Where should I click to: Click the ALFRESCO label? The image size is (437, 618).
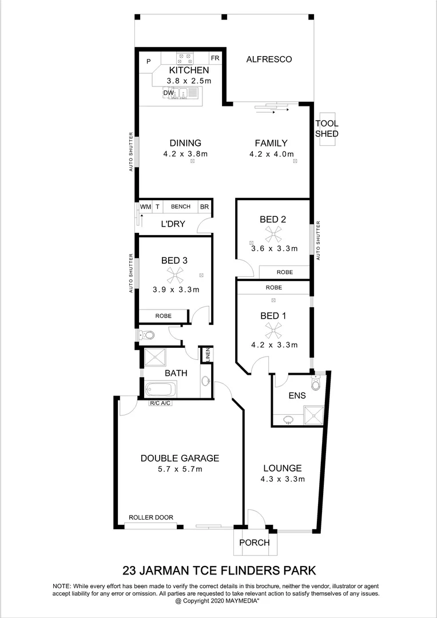pos(269,60)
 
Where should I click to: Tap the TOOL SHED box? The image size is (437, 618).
pos(327,129)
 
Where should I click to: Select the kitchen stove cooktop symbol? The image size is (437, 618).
pos(184,58)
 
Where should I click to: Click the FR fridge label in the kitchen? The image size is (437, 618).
pos(215,58)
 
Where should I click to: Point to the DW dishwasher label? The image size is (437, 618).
pos(168,93)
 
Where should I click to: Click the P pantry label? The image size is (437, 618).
pos(148,62)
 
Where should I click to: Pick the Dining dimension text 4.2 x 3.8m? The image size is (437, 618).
pos(185,154)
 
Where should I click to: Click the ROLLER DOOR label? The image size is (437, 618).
pos(151,517)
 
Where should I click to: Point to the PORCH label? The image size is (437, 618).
pos(254,542)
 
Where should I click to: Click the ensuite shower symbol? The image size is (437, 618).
pos(313,416)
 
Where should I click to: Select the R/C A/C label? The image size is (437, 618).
pos(160,403)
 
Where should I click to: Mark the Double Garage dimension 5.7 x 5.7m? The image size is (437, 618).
pos(180,469)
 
